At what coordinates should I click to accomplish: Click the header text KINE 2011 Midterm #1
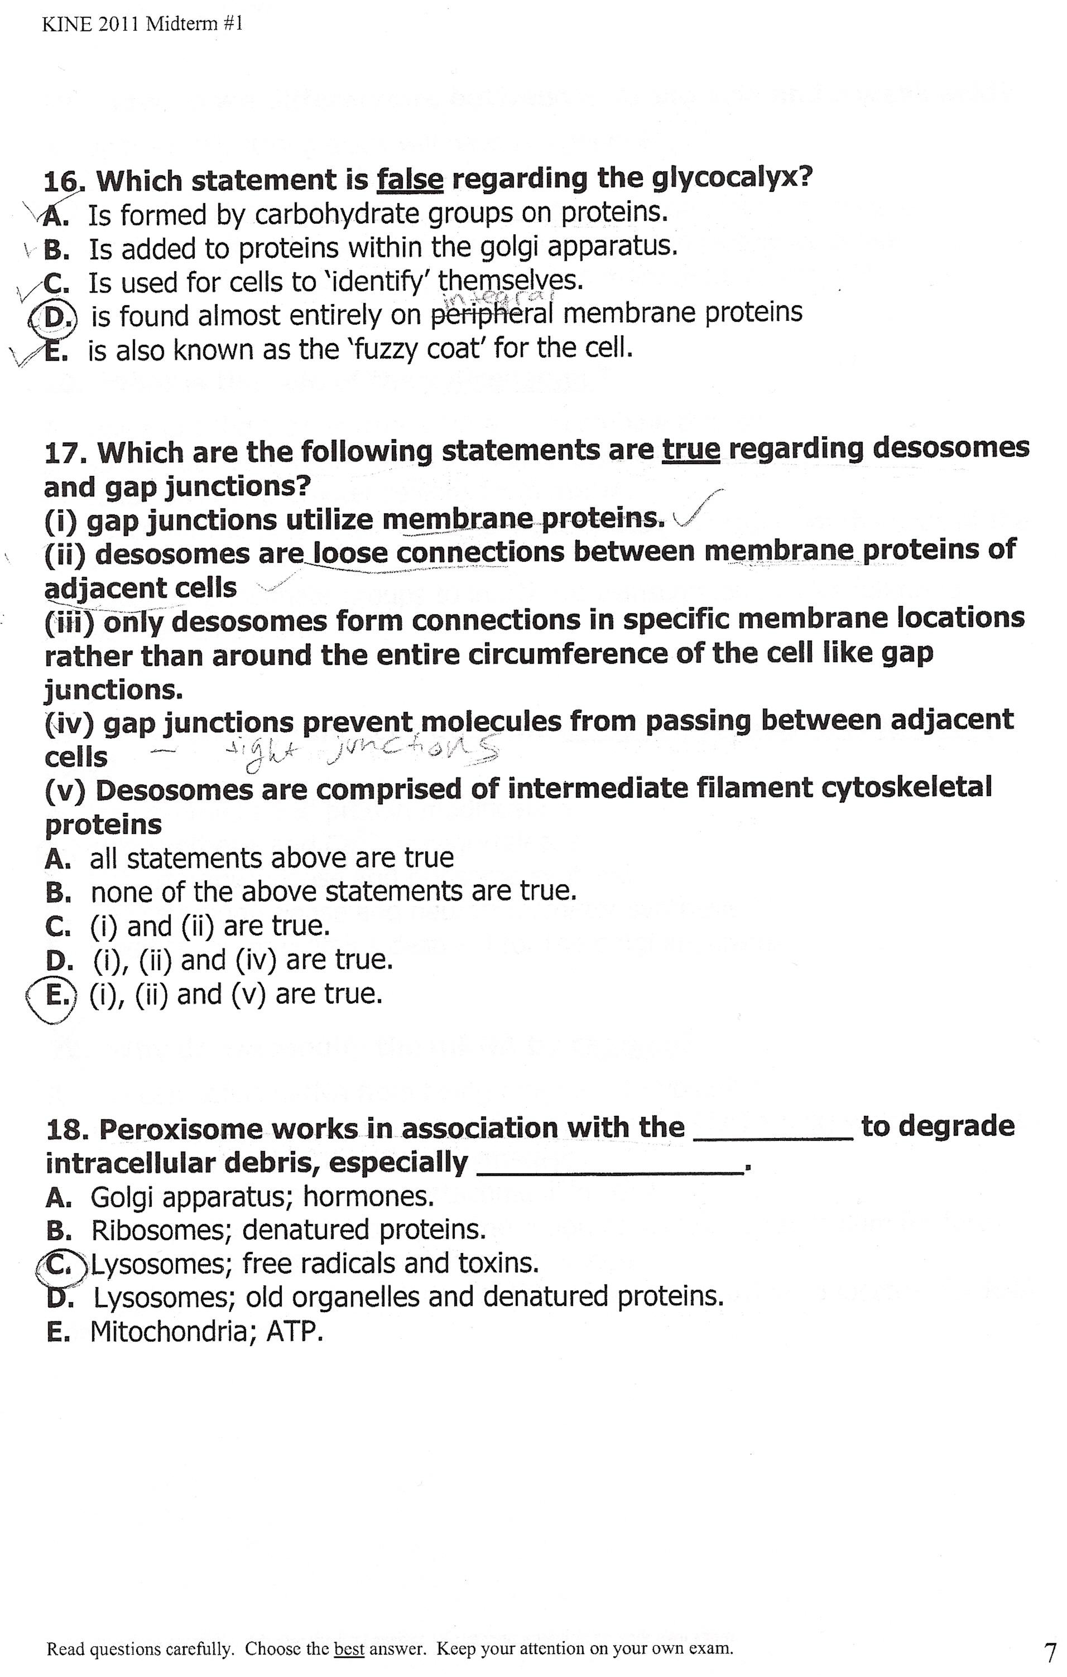point(142,26)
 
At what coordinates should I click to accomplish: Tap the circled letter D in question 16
point(53,317)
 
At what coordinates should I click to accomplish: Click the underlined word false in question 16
point(410,180)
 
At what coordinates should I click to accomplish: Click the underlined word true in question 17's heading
point(690,449)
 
